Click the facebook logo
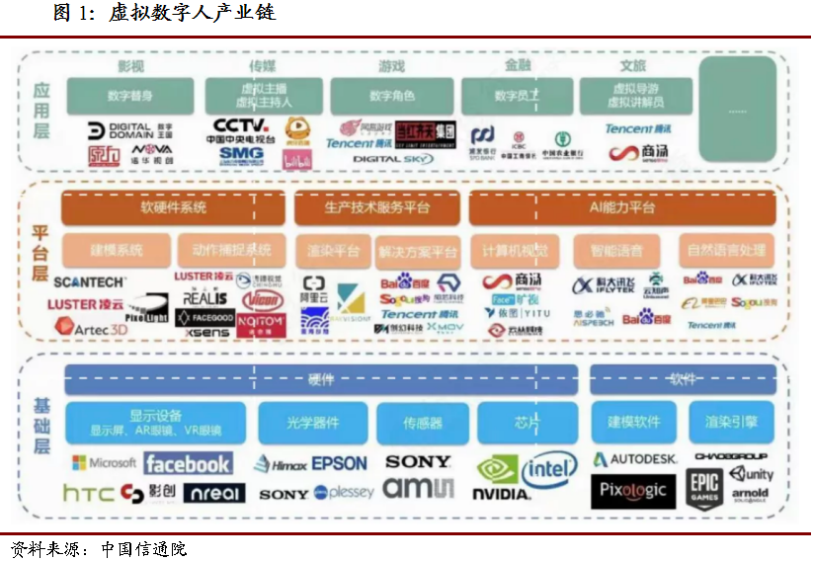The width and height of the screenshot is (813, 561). (188, 463)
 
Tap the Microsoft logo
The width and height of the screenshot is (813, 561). (104, 463)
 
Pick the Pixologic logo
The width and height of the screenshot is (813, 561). (633, 490)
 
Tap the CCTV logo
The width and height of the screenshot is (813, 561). (241, 125)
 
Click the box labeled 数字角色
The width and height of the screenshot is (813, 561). (392, 96)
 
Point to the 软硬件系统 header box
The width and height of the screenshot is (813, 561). (173, 208)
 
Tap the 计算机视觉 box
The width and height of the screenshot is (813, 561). (509, 250)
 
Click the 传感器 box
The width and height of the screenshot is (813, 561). (423, 422)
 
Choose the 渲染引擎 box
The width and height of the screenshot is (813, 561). (731, 422)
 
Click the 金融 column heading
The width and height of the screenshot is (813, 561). (518, 65)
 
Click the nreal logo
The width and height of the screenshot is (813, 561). (214, 492)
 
